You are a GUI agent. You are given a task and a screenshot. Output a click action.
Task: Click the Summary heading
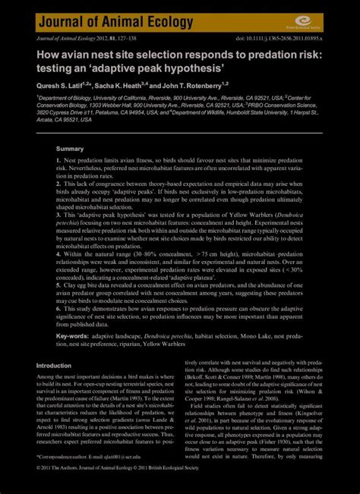coord(70,149)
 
